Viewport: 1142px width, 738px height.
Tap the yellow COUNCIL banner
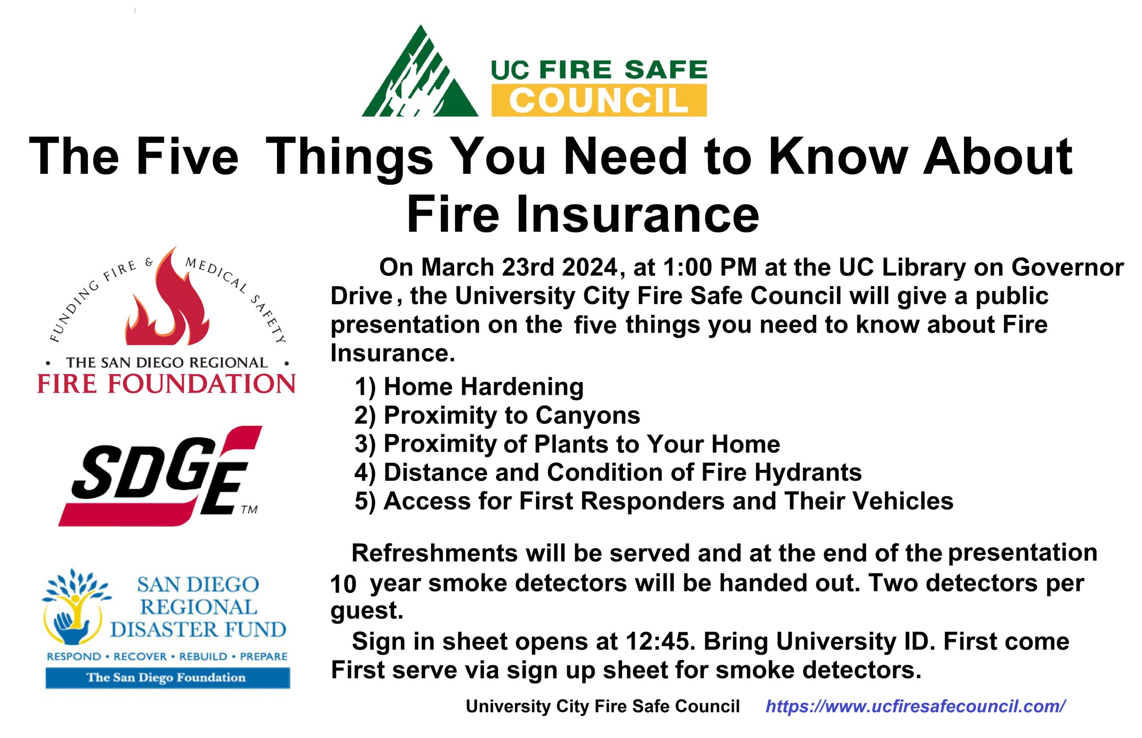(599, 100)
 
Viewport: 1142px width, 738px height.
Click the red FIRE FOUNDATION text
(166, 384)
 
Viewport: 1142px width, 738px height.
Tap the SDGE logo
(160, 476)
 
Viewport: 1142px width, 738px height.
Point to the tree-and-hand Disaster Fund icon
(76, 608)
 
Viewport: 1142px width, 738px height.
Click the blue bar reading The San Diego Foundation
(168, 678)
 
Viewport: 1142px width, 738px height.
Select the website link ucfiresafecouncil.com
(916, 706)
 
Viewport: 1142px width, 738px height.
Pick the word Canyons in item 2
(588, 415)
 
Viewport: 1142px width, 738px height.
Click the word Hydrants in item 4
(808, 472)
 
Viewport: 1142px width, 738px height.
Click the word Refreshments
(434, 553)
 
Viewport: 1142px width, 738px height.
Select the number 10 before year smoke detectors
(343, 584)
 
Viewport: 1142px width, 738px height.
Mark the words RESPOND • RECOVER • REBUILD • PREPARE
(167, 656)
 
